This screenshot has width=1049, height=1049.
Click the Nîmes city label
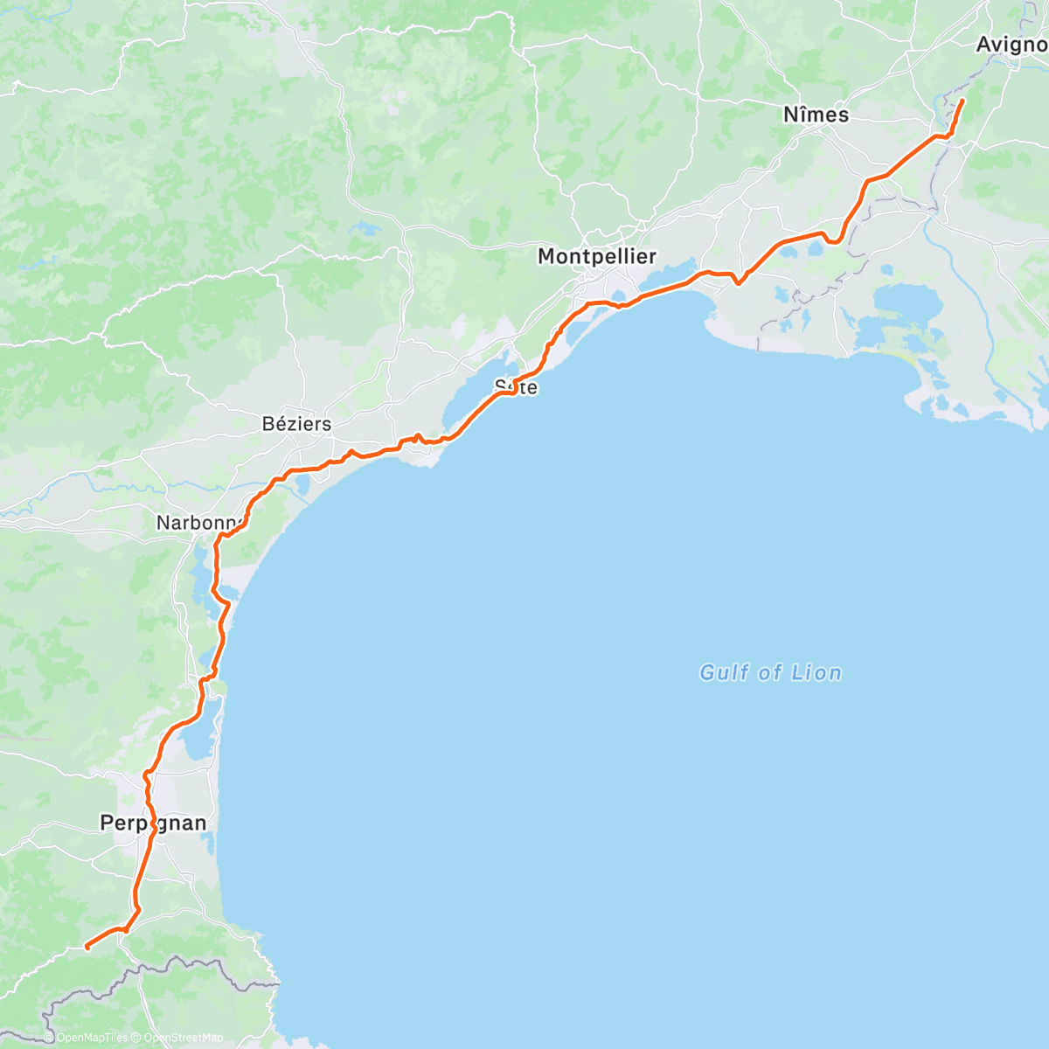pyautogui.click(x=816, y=115)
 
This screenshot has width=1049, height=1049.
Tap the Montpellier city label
pyautogui.click(x=596, y=256)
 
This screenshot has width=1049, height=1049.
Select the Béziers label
pyautogui.click(x=296, y=424)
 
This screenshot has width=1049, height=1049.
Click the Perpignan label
pyautogui.click(x=153, y=823)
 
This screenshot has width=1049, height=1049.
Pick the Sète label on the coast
pyautogui.click(x=517, y=387)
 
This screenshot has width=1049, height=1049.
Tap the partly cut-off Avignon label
pyautogui.click(x=1011, y=45)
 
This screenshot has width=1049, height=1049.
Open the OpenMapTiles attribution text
pyautogui.click(x=92, y=1038)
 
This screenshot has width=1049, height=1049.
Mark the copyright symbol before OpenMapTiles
pyautogui.click(x=50, y=1038)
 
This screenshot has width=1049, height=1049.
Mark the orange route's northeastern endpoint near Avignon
pyautogui.click(x=962, y=101)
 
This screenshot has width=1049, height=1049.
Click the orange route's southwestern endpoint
pyautogui.click(x=87, y=946)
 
